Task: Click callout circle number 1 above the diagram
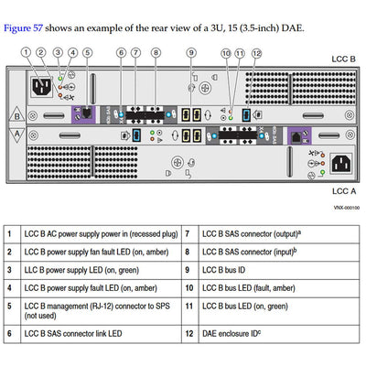[41, 53]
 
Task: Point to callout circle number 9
[191, 53]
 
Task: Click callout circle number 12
[257, 53]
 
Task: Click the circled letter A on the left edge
[16, 135]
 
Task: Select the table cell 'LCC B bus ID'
[229, 272]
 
